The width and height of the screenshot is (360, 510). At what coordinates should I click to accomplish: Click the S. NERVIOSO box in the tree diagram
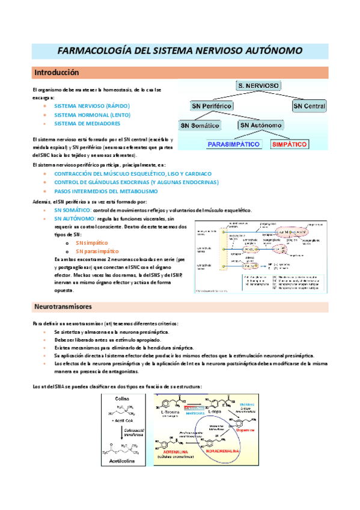coord(258,86)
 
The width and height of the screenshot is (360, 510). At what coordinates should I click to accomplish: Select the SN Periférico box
coord(212,106)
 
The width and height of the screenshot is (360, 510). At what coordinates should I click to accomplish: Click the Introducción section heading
coord(56,72)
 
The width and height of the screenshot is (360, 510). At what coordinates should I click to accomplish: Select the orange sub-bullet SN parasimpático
coord(97,251)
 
